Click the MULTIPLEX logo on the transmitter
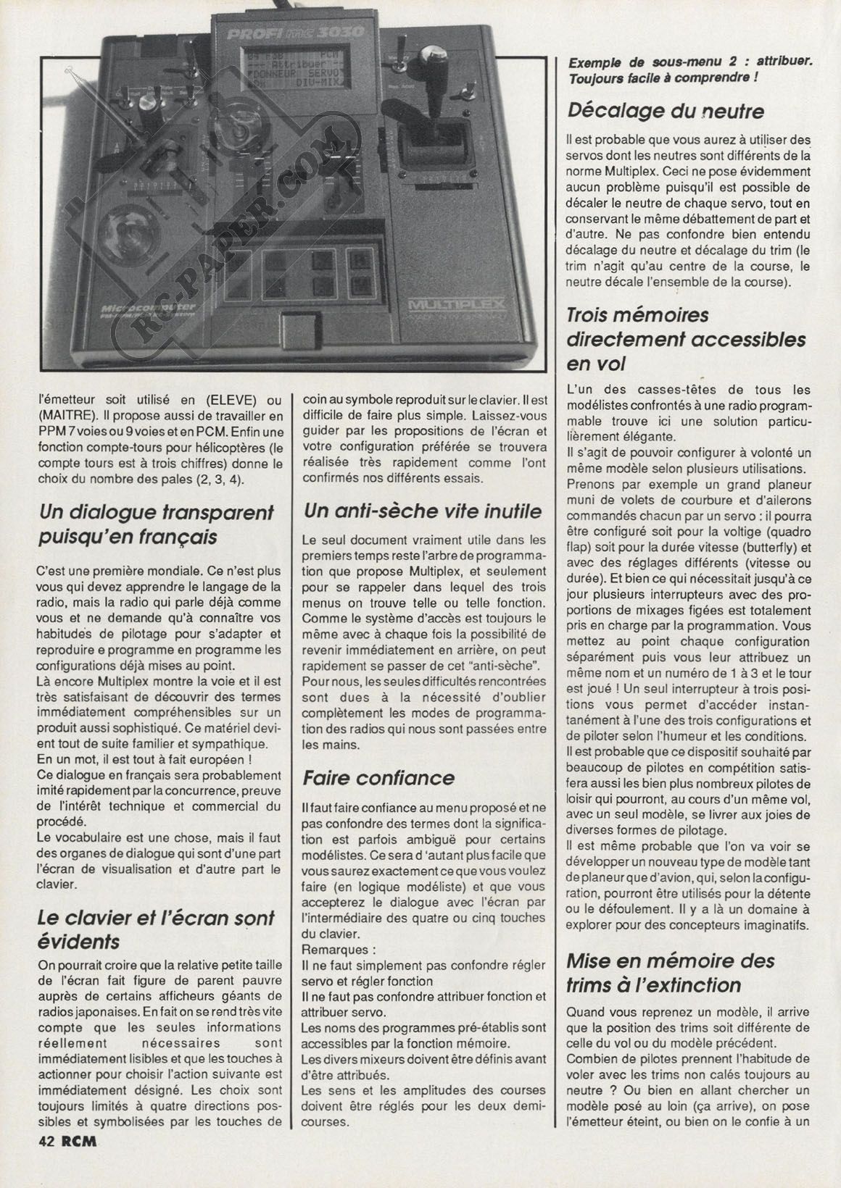[457, 304]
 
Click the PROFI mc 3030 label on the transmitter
[296, 33]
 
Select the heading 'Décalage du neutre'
[666, 111]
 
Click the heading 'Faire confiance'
[378, 778]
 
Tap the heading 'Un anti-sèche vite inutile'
[423, 511]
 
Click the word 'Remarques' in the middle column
[337, 948]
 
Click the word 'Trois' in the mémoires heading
[594, 314]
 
